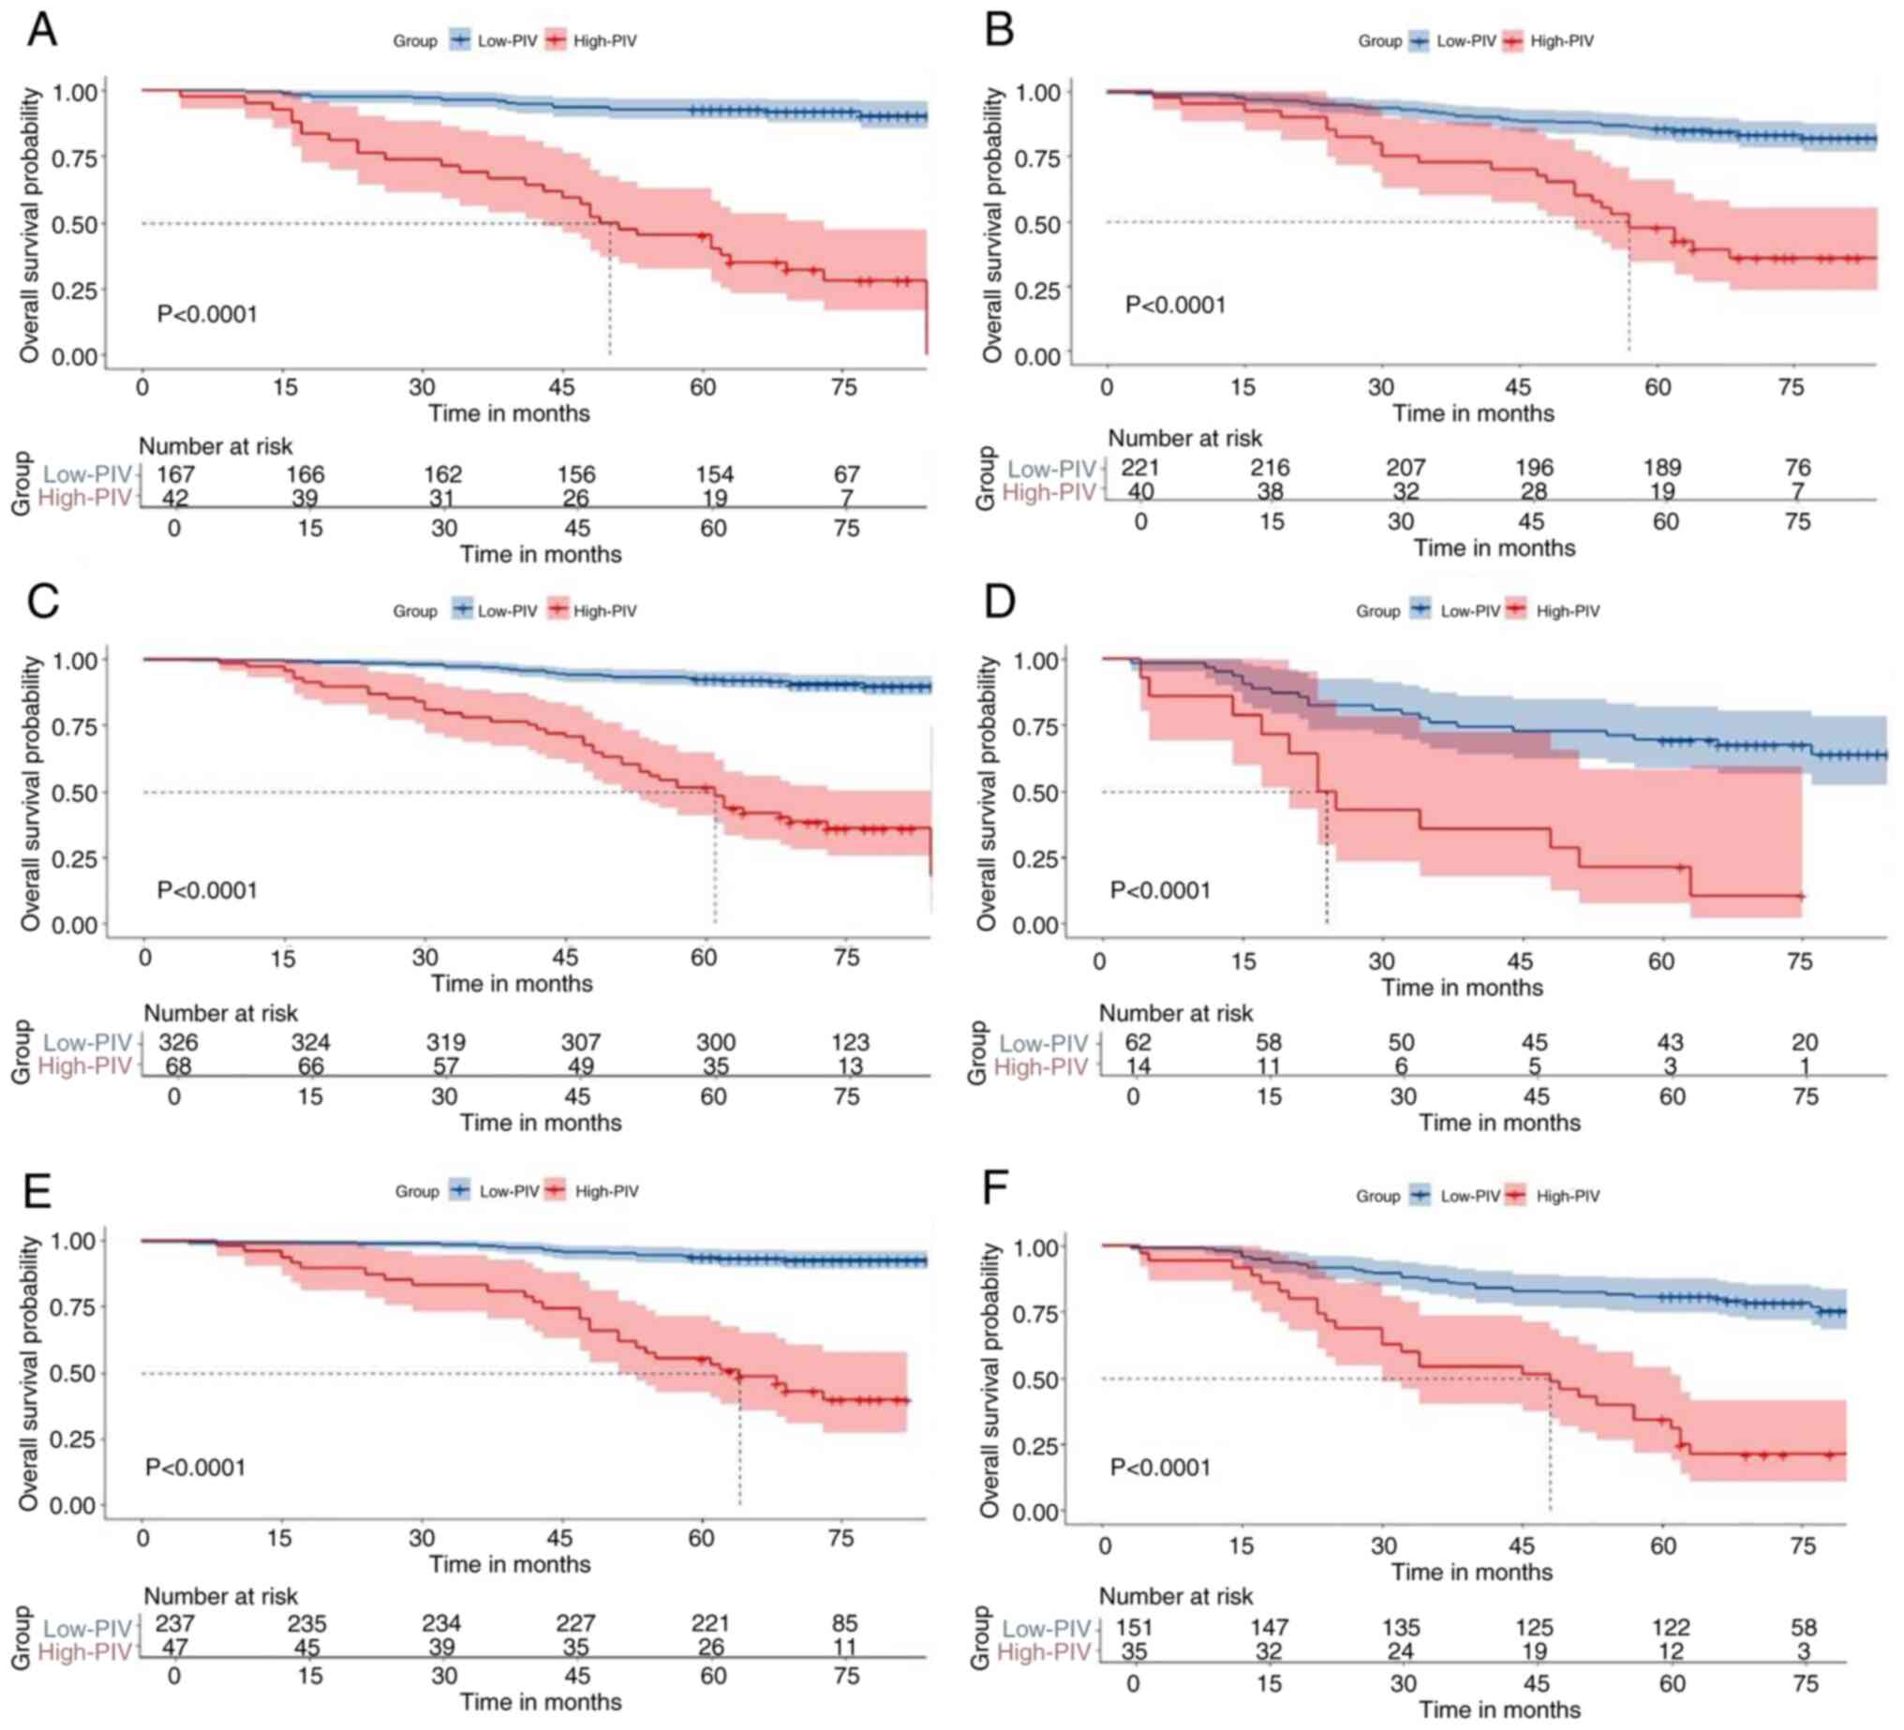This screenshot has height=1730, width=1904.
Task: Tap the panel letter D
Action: (x=999, y=601)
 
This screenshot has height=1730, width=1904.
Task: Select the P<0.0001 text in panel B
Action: (x=1175, y=306)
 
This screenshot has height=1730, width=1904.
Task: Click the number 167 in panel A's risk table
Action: (x=175, y=474)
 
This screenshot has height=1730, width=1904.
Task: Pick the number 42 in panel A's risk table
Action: (x=175, y=499)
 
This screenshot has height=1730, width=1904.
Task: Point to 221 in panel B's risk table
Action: (x=1140, y=468)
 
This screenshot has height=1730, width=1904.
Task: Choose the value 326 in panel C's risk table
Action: (x=177, y=1043)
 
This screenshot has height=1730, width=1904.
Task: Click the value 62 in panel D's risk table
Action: (x=1138, y=1043)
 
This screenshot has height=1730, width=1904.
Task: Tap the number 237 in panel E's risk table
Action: (x=174, y=1624)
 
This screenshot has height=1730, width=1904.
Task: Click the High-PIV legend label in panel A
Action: (x=604, y=41)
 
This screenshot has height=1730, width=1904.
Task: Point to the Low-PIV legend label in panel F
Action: (x=1469, y=1196)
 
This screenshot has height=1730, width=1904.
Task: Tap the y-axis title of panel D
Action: (x=987, y=793)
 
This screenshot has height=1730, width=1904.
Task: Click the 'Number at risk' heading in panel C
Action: (x=220, y=1014)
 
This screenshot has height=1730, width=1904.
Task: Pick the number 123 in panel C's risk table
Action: (x=850, y=1043)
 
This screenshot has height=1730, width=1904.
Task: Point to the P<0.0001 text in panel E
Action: (x=196, y=1468)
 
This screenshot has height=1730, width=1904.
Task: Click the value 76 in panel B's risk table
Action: (x=1797, y=468)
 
